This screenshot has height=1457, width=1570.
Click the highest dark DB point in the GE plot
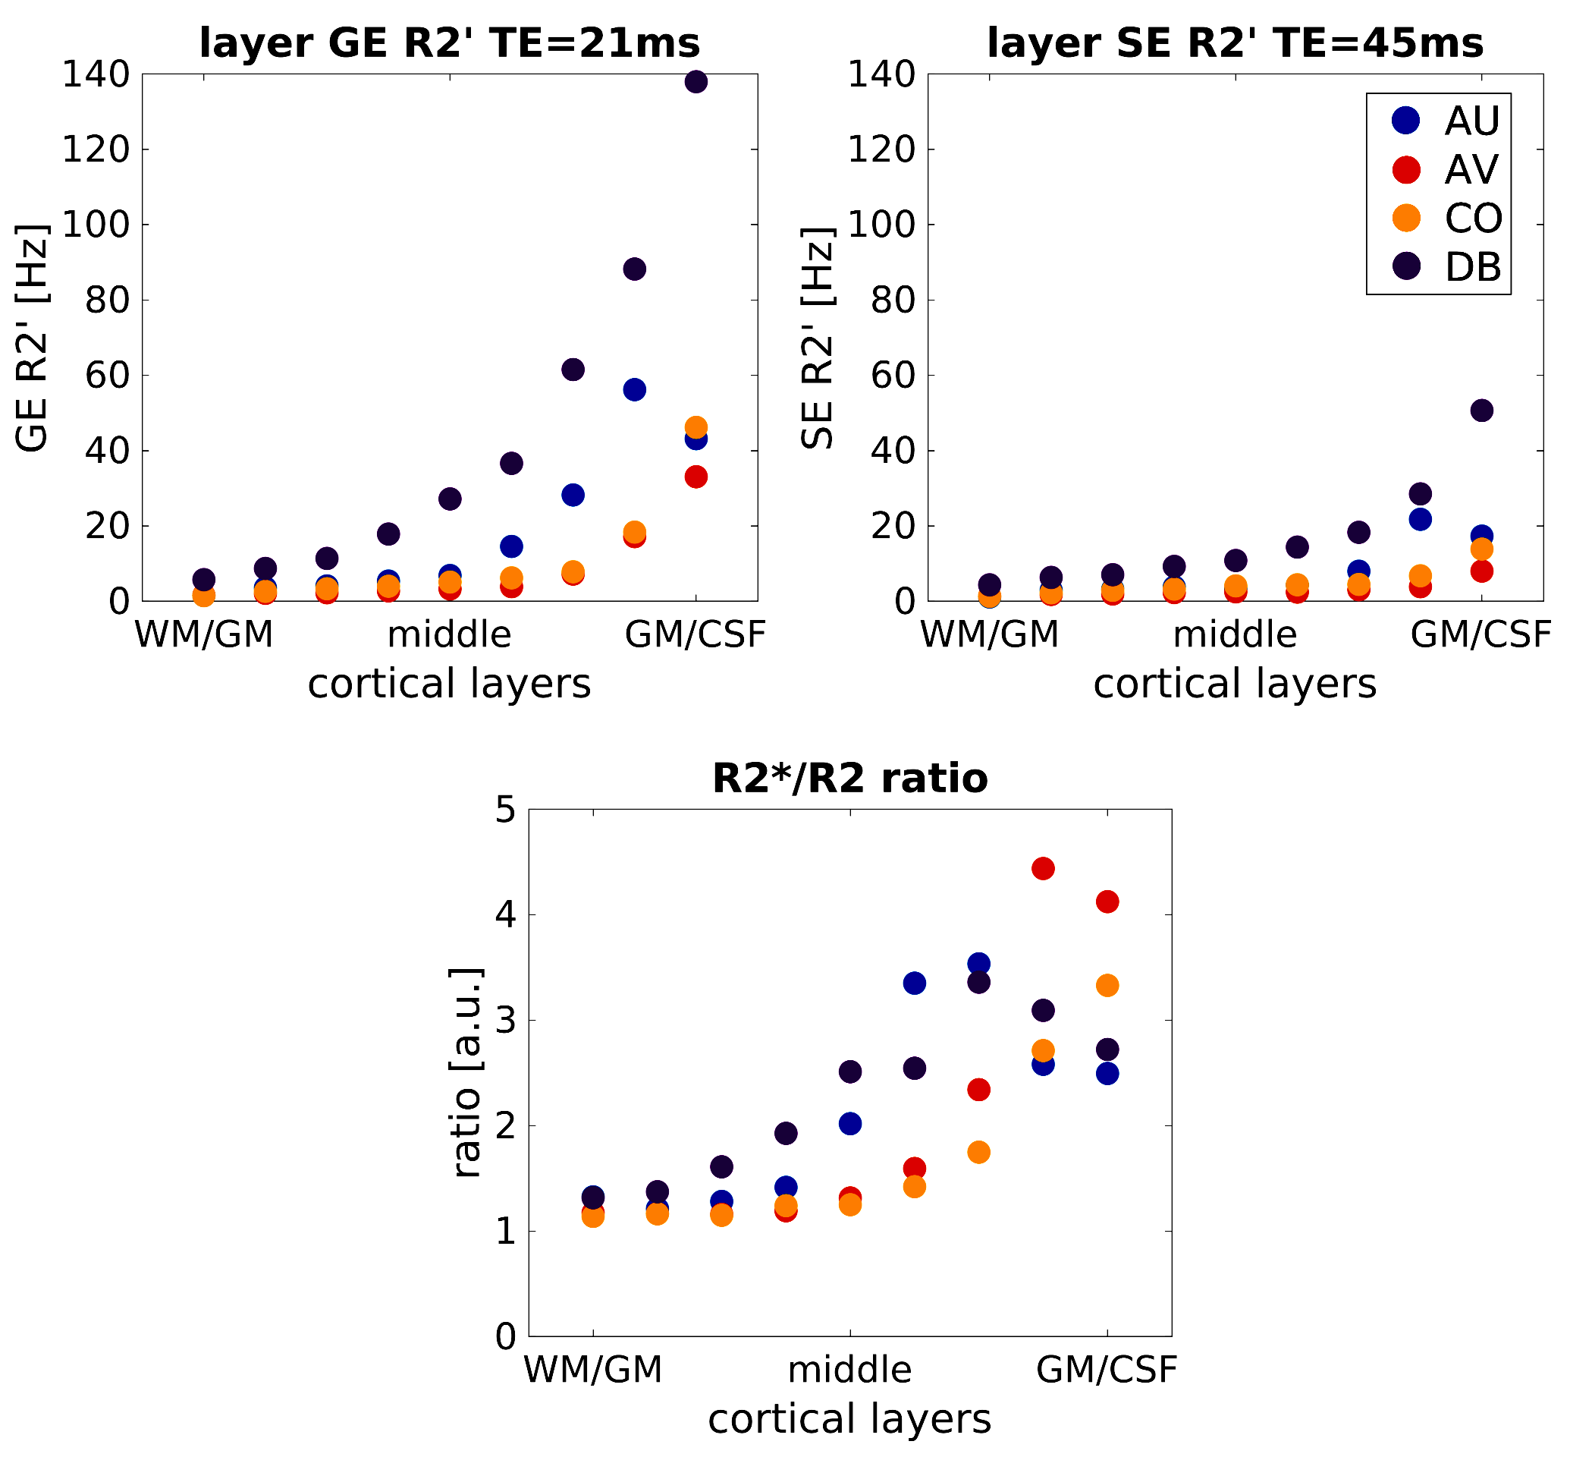point(696,81)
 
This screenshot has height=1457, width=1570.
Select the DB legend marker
point(1406,266)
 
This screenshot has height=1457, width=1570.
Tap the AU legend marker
point(1406,120)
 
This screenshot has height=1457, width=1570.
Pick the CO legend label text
point(1472,219)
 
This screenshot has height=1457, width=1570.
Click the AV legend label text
point(1471,169)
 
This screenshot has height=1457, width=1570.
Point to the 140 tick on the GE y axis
point(96,75)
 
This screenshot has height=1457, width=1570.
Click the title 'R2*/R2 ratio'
point(849,778)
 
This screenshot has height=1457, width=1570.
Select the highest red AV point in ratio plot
point(1043,868)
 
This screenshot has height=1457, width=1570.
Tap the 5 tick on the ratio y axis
point(505,810)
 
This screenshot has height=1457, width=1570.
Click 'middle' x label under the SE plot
point(1234,634)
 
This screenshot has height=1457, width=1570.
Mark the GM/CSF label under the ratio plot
point(1106,1370)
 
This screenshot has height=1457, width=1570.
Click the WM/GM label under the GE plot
point(204,634)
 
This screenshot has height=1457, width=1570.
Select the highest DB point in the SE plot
point(1482,410)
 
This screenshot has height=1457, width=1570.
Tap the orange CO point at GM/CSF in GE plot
point(696,426)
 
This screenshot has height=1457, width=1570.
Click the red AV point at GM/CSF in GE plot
point(696,477)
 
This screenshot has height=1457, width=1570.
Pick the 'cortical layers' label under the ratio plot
point(849,1418)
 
